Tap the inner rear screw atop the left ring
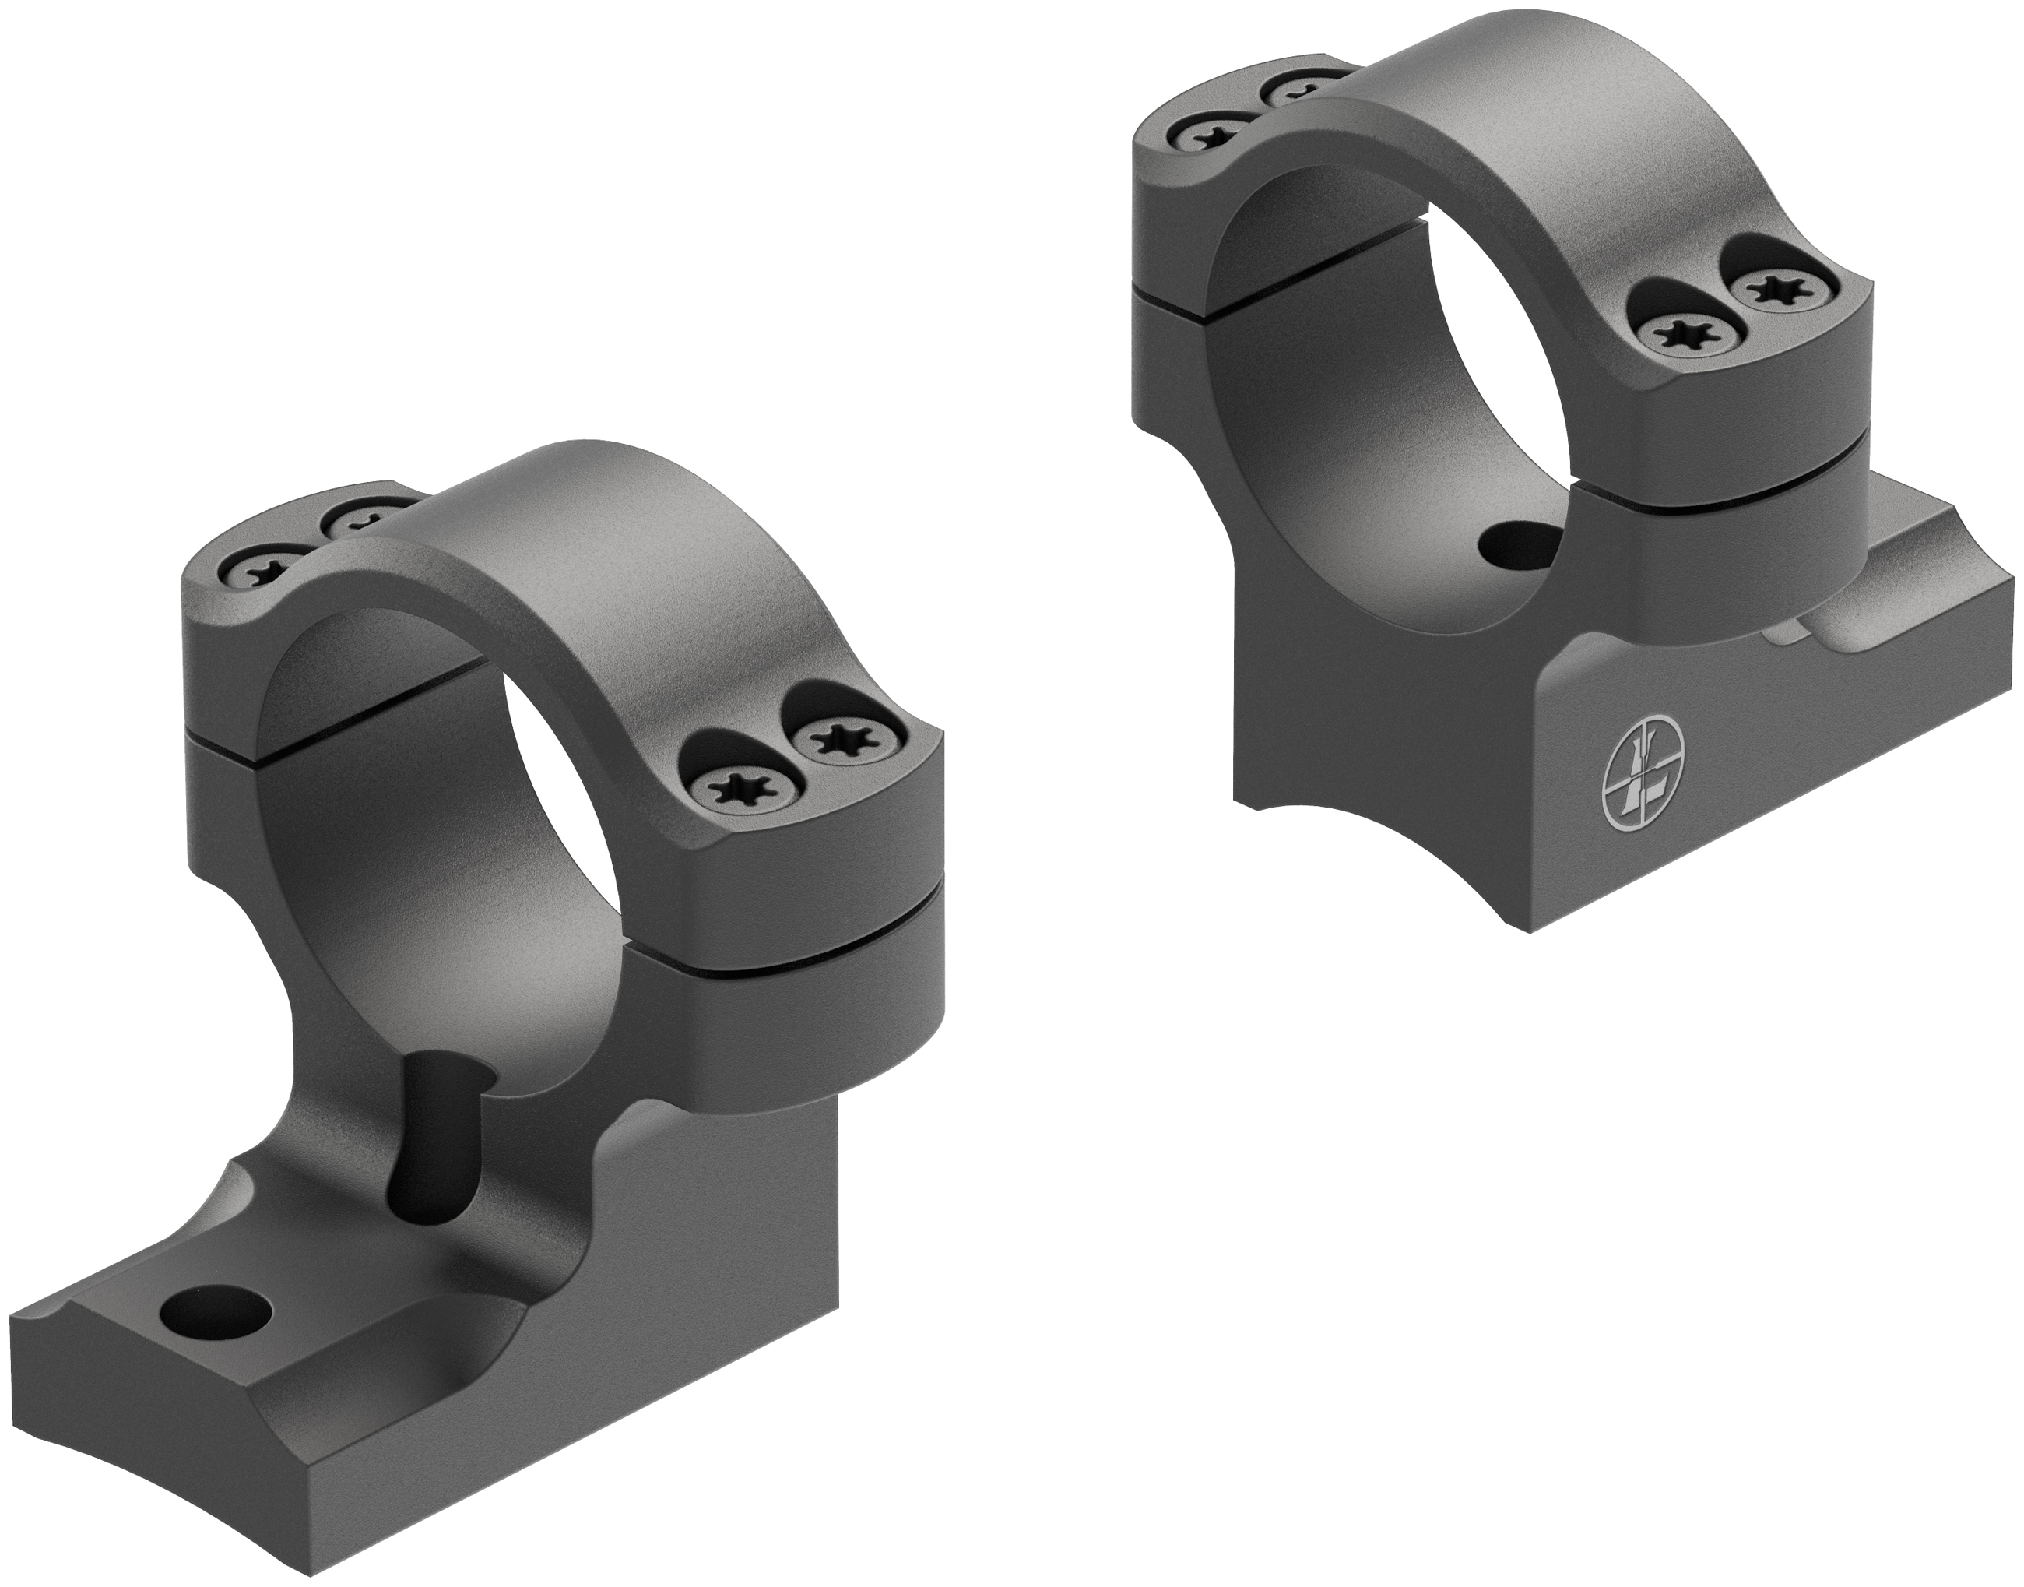point(357,523)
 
